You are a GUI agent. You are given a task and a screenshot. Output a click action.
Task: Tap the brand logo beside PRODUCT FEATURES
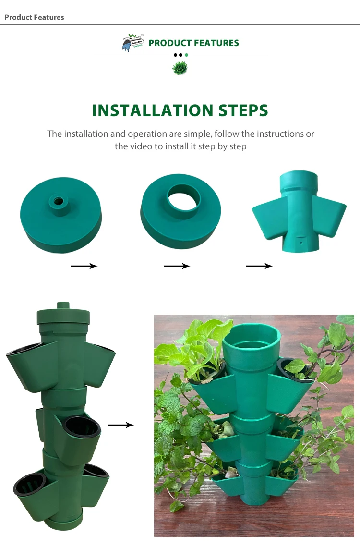(133, 43)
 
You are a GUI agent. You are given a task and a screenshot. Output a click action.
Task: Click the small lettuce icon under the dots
(180, 69)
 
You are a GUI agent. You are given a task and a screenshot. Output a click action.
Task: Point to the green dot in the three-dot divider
(186, 55)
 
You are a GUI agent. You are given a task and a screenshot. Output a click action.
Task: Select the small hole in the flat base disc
(59, 200)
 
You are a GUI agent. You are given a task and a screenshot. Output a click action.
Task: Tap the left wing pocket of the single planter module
(270, 219)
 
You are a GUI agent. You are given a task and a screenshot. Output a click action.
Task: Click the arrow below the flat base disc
(84, 266)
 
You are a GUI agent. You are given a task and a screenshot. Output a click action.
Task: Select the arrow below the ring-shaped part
(177, 266)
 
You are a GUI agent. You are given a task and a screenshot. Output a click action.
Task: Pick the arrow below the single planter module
(259, 266)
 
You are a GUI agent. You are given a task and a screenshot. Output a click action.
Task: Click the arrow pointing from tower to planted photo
(120, 425)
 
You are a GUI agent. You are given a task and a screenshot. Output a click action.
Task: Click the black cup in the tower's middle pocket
(82, 426)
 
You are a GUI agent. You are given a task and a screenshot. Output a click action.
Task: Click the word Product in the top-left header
(18, 17)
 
